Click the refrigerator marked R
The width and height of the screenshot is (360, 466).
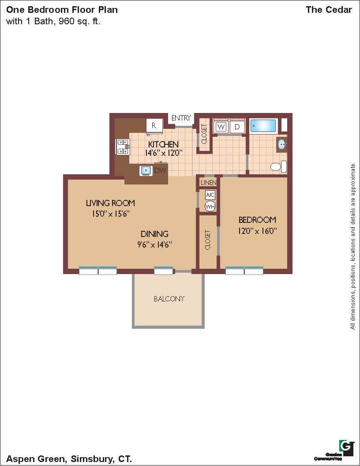[154, 126]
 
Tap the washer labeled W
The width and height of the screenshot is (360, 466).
[221, 127]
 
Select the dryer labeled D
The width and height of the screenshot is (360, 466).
[237, 127]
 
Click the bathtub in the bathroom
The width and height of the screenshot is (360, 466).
[263, 126]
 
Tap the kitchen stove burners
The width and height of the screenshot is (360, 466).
[122, 147]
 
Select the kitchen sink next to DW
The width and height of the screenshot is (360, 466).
[146, 171]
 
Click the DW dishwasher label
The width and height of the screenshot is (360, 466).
[160, 171]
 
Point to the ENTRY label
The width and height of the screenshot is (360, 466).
[181, 118]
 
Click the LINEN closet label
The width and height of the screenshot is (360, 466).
[208, 183]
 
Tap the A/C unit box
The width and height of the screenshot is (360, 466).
[210, 195]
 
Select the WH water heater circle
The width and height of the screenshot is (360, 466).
[210, 206]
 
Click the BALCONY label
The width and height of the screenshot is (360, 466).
[169, 299]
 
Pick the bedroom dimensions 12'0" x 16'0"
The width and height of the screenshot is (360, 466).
[257, 231]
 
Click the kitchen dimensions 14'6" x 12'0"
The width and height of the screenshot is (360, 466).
[163, 153]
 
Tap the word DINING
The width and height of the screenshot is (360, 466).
[154, 234]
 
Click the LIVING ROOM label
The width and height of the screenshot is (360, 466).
[110, 203]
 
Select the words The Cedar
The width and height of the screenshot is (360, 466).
[329, 10]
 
